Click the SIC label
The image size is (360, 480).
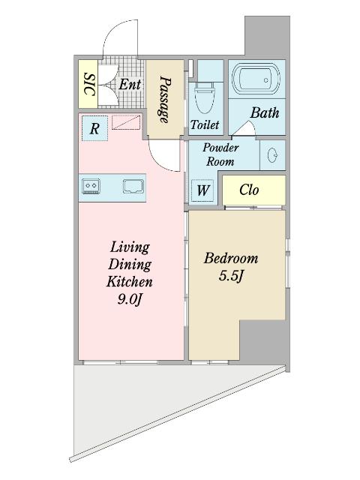(x=88, y=84)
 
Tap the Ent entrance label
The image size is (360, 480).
(x=130, y=84)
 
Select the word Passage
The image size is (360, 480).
(x=165, y=100)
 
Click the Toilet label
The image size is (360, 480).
(x=205, y=124)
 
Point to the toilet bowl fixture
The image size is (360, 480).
(x=205, y=97)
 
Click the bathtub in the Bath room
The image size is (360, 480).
(x=256, y=79)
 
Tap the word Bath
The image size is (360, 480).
(x=265, y=112)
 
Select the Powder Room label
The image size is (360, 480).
(x=220, y=154)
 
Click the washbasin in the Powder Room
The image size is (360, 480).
(x=272, y=155)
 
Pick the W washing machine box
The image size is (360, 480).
(x=202, y=190)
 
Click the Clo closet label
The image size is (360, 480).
(x=249, y=190)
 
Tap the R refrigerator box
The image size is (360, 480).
(x=94, y=128)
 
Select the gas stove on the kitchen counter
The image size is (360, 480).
(x=91, y=186)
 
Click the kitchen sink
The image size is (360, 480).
(x=133, y=186)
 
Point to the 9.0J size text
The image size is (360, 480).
(x=130, y=299)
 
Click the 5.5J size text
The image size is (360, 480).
(x=231, y=276)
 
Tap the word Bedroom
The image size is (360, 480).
(x=231, y=258)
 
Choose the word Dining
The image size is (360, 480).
(x=130, y=265)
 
